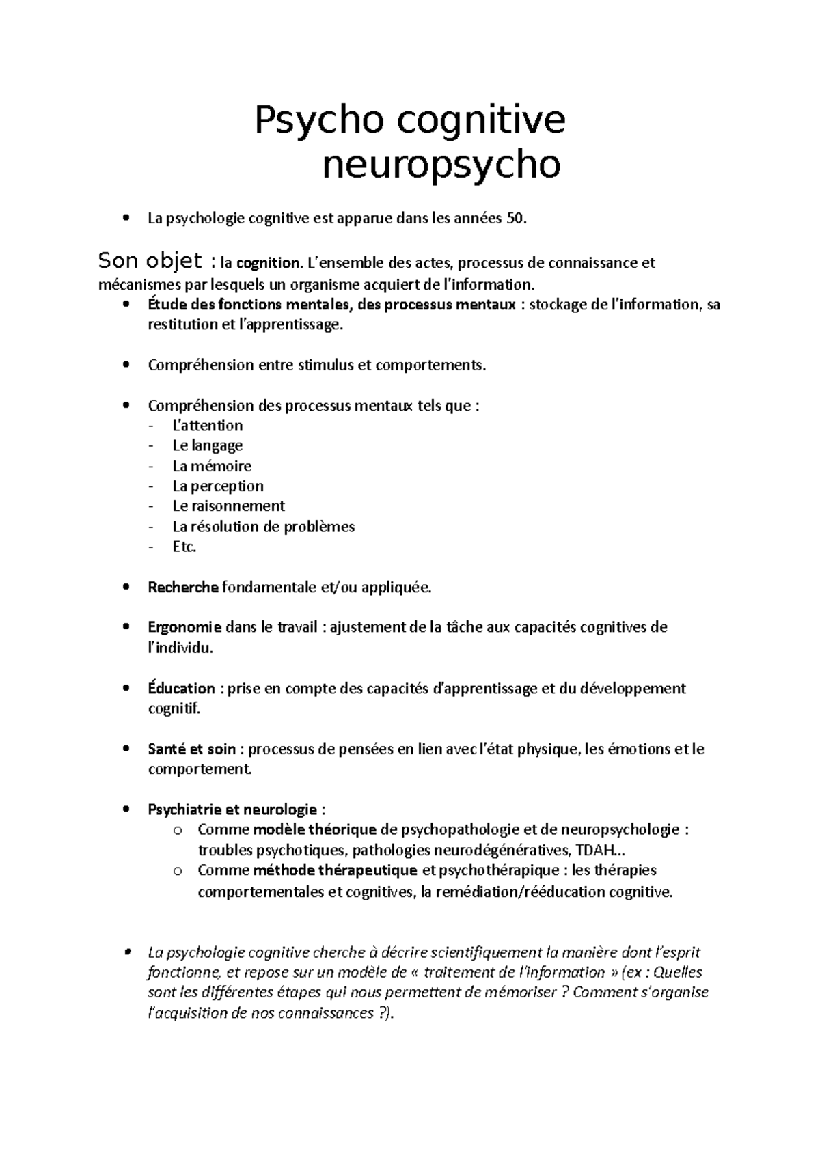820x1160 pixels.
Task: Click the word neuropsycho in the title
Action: point(441,165)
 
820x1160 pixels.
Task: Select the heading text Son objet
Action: point(150,261)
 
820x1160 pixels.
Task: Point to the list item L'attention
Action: point(208,426)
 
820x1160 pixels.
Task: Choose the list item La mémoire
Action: point(212,467)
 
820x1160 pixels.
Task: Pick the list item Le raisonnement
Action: point(228,506)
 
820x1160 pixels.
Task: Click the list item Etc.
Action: point(184,547)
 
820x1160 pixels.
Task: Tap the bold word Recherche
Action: point(182,588)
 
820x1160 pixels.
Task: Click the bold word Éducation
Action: point(181,689)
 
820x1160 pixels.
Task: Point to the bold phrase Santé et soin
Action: point(191,749)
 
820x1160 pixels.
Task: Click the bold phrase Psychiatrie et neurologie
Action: point(232,810)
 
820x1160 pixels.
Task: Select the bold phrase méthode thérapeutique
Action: point(335,871)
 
